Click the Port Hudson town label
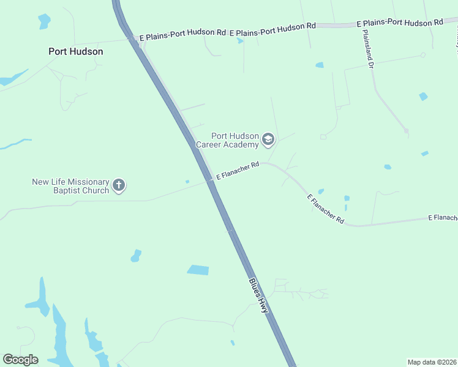coord(76,51)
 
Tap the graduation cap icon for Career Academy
coord(268,140)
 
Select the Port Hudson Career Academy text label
coord(227,140)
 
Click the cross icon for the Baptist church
coord(119,185)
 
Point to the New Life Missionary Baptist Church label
coord(70,186)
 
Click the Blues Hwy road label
coord(258,296)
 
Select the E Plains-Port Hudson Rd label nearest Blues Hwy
coord(182,34)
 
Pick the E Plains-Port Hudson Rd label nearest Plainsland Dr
coord(400,22)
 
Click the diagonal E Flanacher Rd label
coord(325,209)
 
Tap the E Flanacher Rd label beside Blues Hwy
coord(238,171)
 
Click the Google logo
coord(20,360)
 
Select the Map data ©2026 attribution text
coord(432,361)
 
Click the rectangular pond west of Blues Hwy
coord(198,270)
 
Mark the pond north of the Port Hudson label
coord(44,21)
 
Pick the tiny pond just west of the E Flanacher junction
coord(187,181)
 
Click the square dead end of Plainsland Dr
coord(406,130)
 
